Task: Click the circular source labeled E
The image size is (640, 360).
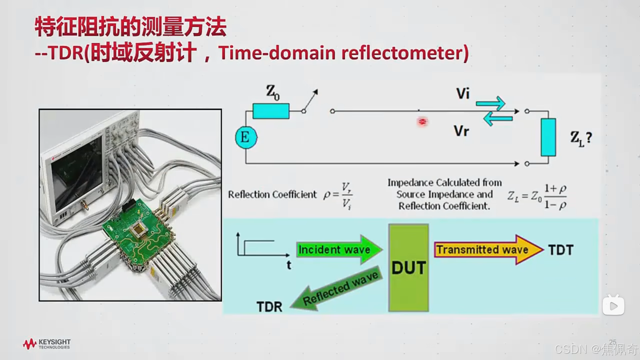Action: tap(246, 137)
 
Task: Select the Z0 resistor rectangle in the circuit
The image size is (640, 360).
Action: tap(271, 111)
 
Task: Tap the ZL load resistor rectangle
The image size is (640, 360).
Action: tap(548, 137)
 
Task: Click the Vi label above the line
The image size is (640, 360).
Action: tap(463, 93)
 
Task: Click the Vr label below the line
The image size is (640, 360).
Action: tap(461, 131)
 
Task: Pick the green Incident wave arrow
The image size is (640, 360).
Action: tap(338, 250)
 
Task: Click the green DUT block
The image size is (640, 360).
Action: tap(408, 268)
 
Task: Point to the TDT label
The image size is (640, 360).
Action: tap(561, 250)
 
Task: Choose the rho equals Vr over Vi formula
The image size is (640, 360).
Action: tap(338, 195)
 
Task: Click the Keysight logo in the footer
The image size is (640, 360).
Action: tap(47, 344)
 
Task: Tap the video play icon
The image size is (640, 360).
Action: tap(613, 305)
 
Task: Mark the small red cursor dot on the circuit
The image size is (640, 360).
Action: tap(422, 122)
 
